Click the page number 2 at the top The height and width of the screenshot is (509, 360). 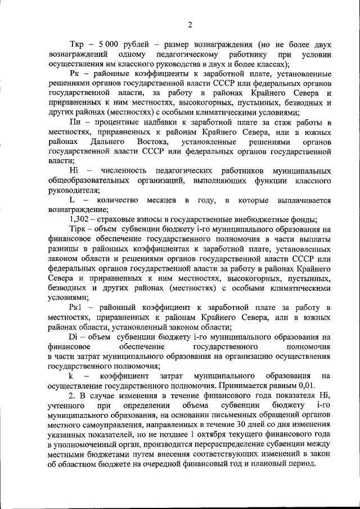click(190, 24)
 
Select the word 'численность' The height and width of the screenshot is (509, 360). click(123, 171)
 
